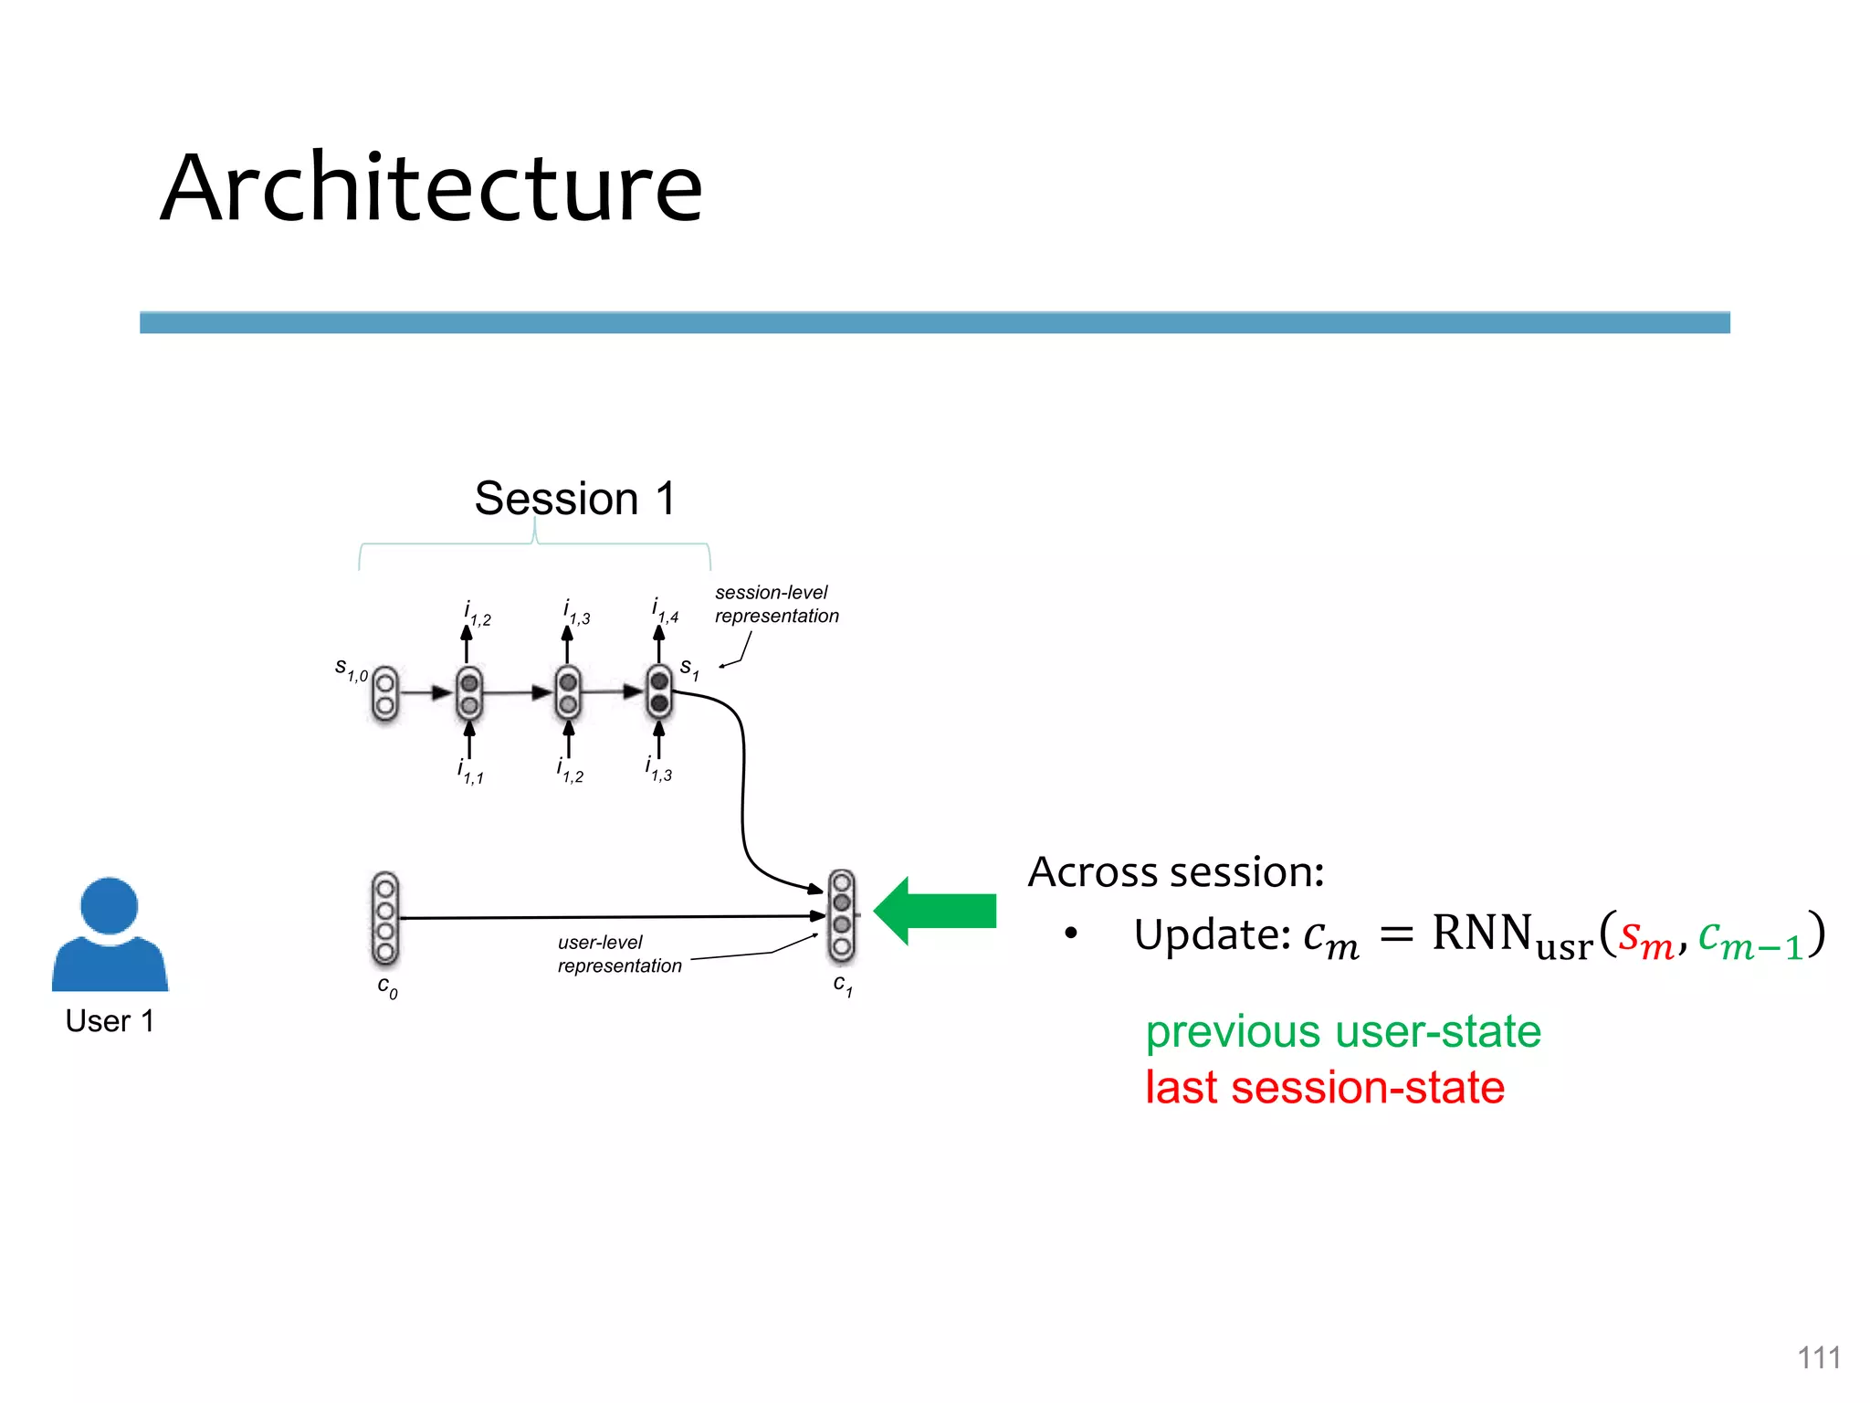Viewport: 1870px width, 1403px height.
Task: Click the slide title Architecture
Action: (x=431, y=187)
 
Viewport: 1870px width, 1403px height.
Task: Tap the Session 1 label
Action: (x=574, y=499)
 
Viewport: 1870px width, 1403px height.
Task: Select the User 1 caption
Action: (x=110, y=1020)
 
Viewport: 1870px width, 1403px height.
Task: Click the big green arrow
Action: (x=935, y=911)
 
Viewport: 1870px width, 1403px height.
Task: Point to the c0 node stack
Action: (x=385, y=918)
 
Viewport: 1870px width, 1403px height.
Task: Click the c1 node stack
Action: (x=841, y=916)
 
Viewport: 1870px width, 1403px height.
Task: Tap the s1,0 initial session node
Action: (x=385, y=694)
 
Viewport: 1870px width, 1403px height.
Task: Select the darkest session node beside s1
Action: (x=658, y=692)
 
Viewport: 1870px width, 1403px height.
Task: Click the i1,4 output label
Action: (x=665, y=610)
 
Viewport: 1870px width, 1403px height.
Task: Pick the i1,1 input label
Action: (x=470, y=772)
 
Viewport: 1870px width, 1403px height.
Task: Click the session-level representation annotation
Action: (x=776, y=605)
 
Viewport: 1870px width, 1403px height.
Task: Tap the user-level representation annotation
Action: (x=619, y=955)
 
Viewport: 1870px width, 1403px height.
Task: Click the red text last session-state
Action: (x=1324, y=1088)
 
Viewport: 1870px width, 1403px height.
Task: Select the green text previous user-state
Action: (x=1342, y=1032)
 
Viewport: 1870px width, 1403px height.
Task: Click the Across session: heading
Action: (x=1175, y=872)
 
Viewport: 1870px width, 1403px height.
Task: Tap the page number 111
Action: (x=1818, y=1357)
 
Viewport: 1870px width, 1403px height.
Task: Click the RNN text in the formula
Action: (x=1481, y=934)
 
